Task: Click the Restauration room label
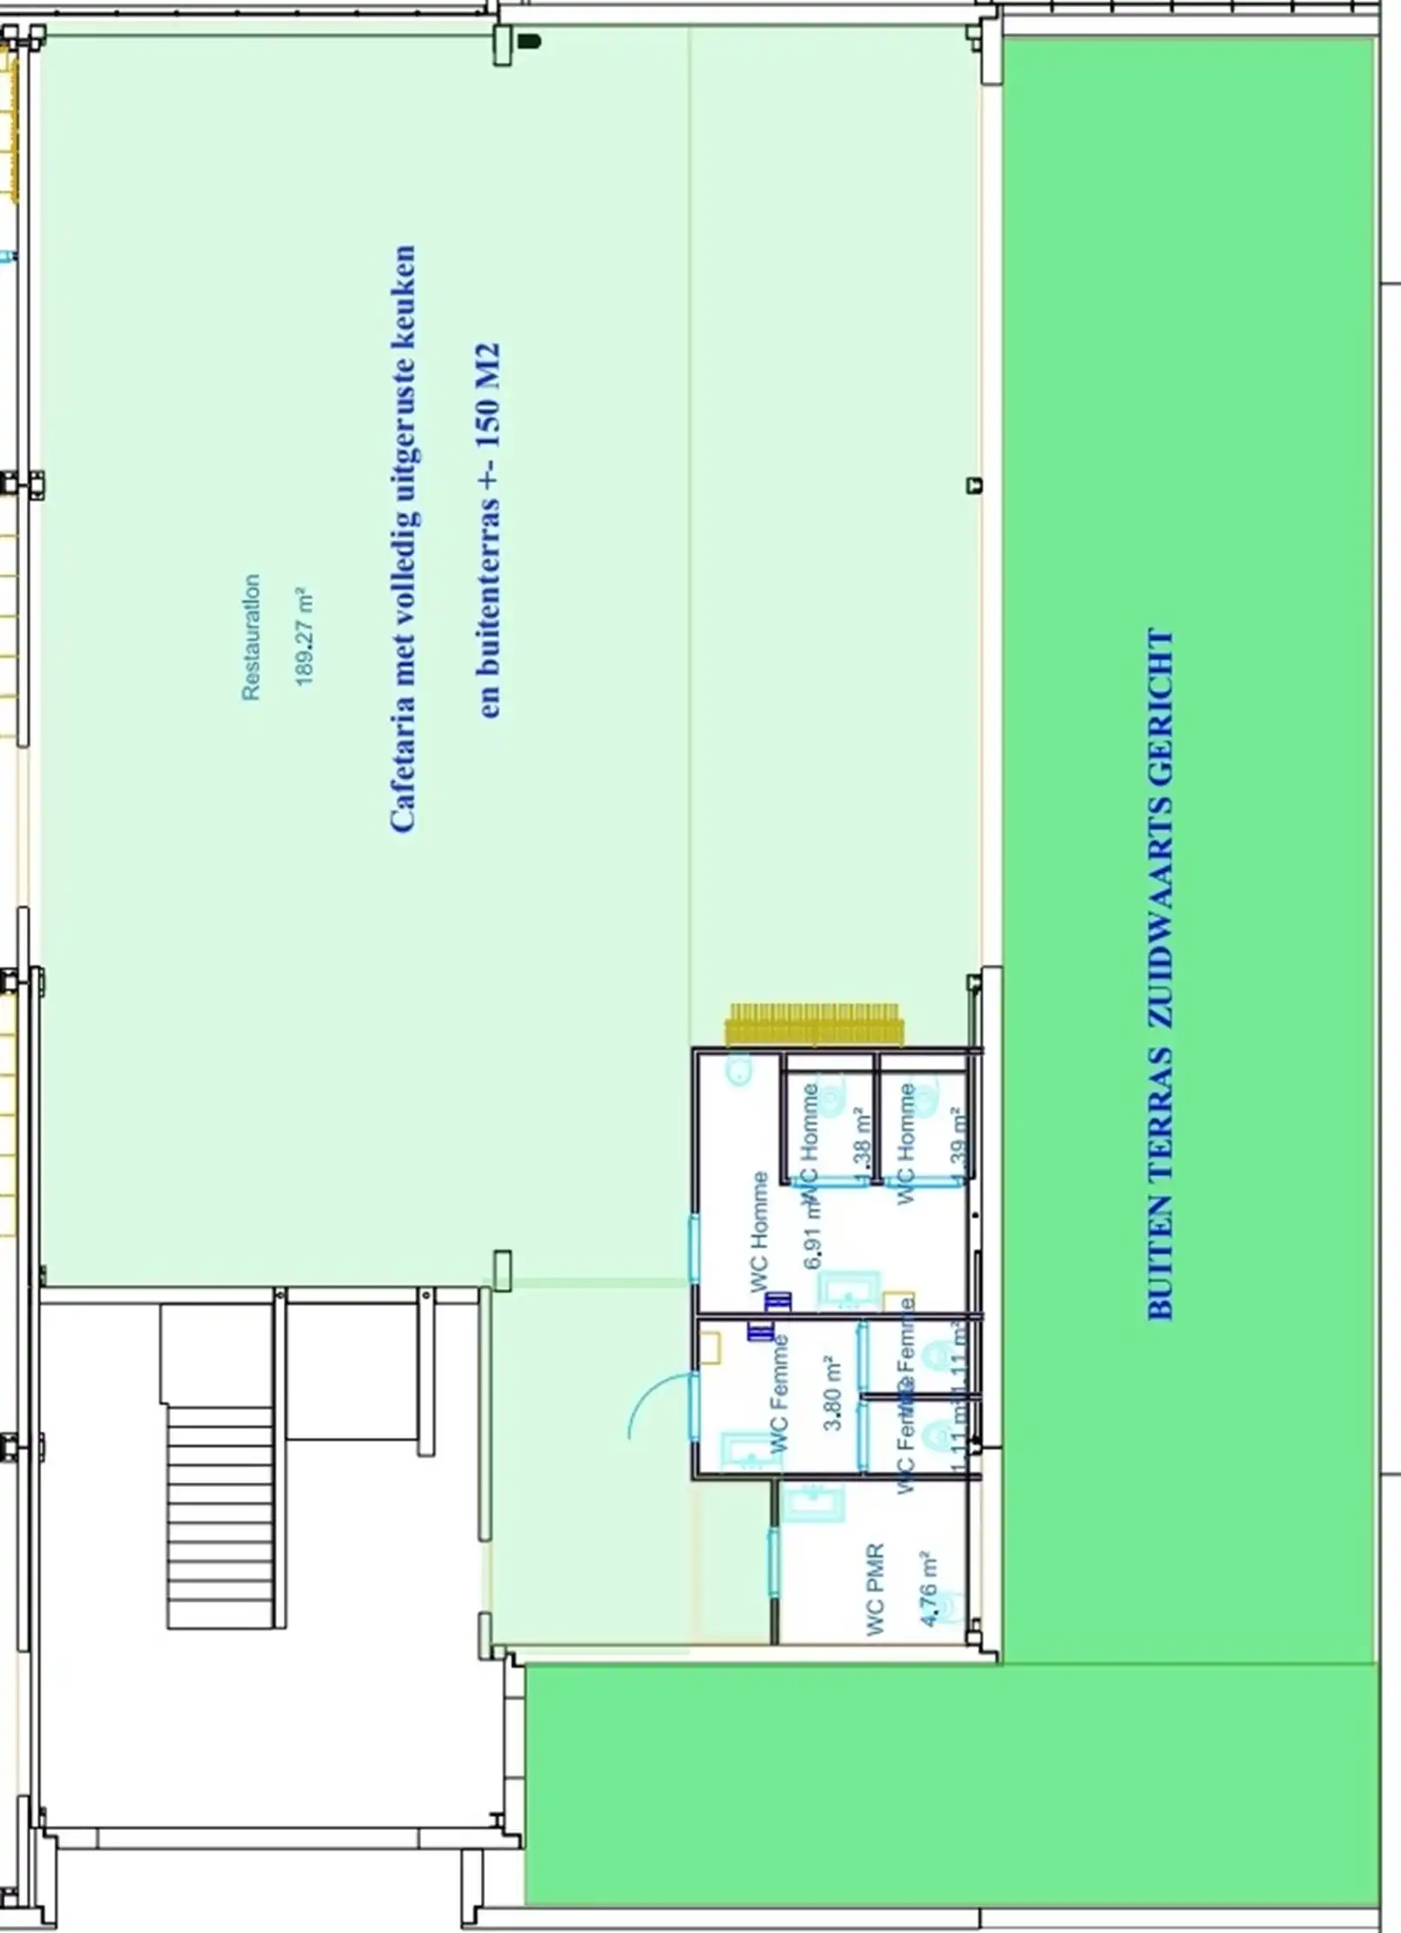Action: tap(251, 637)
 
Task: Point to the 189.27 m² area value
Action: tap(304, 637)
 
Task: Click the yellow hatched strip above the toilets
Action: tap(815, 1024)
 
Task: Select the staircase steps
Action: tap(221, 1517)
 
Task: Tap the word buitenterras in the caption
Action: tap(489, 605)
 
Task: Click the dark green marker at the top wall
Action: tap(528, 41)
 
